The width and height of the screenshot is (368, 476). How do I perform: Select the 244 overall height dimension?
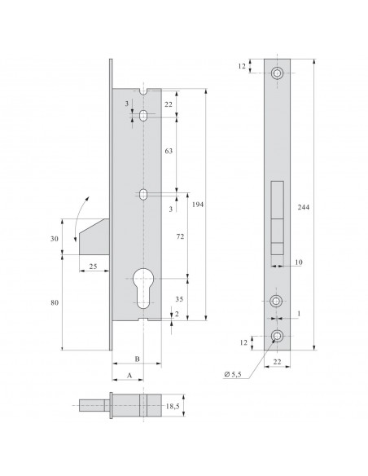tap(327, 206)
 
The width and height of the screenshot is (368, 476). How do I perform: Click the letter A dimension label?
tap(128, 377)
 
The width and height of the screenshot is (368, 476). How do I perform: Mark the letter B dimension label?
tap(137, 359)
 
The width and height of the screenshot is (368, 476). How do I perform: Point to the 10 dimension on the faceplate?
tap(298, 262)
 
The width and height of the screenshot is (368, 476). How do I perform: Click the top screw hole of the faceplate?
tap(279, 73)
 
